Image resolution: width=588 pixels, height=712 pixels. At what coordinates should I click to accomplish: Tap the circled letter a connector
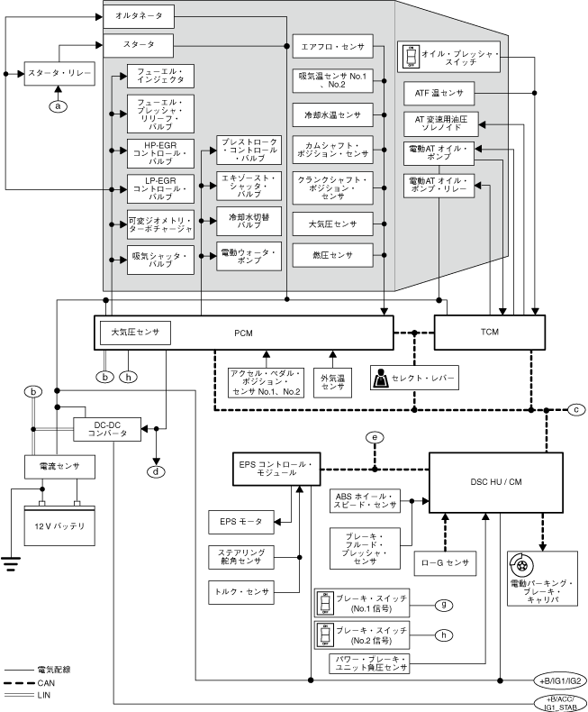pos(59,106)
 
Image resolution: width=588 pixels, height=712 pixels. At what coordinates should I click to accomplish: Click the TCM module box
pos(489,333)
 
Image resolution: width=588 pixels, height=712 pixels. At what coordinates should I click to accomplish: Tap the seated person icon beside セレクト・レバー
pos(381,379)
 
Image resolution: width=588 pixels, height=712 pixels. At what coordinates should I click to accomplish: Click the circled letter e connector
pos(375,438)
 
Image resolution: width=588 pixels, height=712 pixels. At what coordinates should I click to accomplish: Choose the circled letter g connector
pos(442,605)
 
